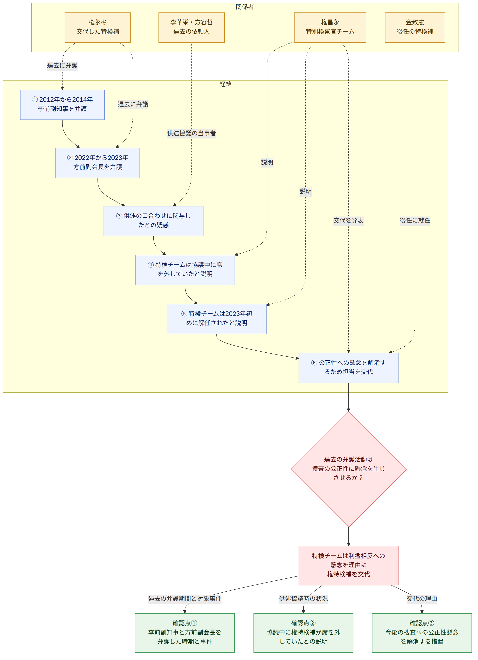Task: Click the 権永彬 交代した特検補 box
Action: (x=97, y=27)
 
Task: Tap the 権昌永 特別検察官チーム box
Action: (x=330, y=27)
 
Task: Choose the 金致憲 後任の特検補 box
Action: (x=415, y=27)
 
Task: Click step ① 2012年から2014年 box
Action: (x=62, y=105)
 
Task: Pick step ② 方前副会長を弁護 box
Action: (x=97, y=163)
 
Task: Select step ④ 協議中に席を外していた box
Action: (x=185, y=270)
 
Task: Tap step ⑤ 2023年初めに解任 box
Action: (x=217, y=319)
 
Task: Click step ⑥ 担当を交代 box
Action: (x=348, y=368)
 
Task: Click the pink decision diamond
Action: (x=348, y=469)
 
